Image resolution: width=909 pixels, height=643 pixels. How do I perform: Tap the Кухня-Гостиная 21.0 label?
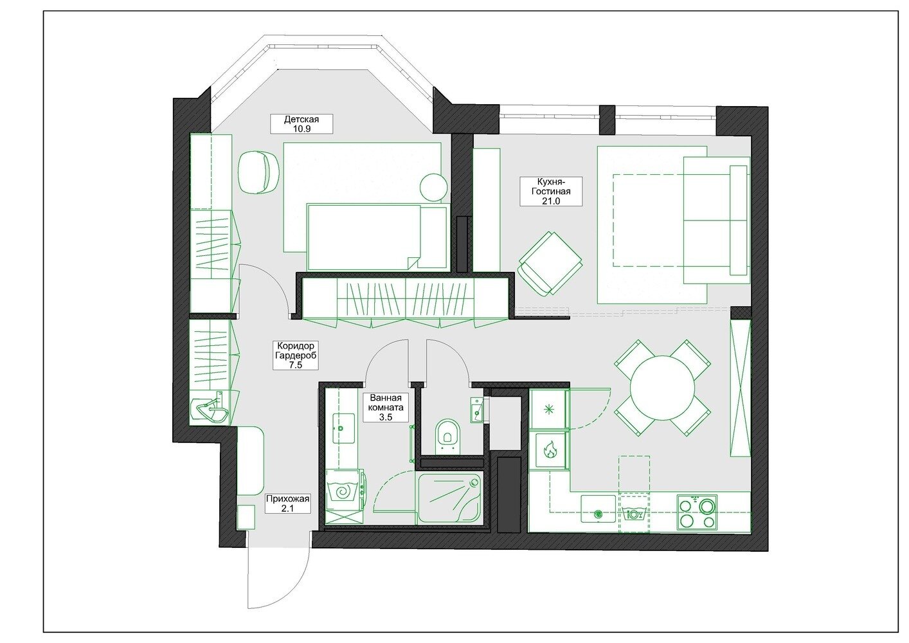(x=551, y=191)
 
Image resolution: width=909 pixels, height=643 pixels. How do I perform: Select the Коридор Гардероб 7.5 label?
(x=295, y=355)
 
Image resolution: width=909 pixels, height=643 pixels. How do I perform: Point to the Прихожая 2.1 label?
(x=287, y=503)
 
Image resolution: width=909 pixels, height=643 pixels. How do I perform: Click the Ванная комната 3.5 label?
(x=386, y=407)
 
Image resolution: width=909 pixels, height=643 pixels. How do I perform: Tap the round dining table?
(x=662, y=388)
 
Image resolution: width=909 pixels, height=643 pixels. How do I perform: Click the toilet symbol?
(x=447, y=437)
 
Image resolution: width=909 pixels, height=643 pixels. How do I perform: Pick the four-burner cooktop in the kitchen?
(x=697, y=512)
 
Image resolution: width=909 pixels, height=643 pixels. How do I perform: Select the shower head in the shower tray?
(x=474, y=483)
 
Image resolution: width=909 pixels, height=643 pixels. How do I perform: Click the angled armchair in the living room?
(x=551, y=263)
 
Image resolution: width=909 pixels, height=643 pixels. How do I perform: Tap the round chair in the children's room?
(x=258, y=171)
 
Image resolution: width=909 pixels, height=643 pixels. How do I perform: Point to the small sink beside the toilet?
(x=477, y=410)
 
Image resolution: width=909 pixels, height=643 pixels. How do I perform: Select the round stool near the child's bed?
(x=433, y=187)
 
